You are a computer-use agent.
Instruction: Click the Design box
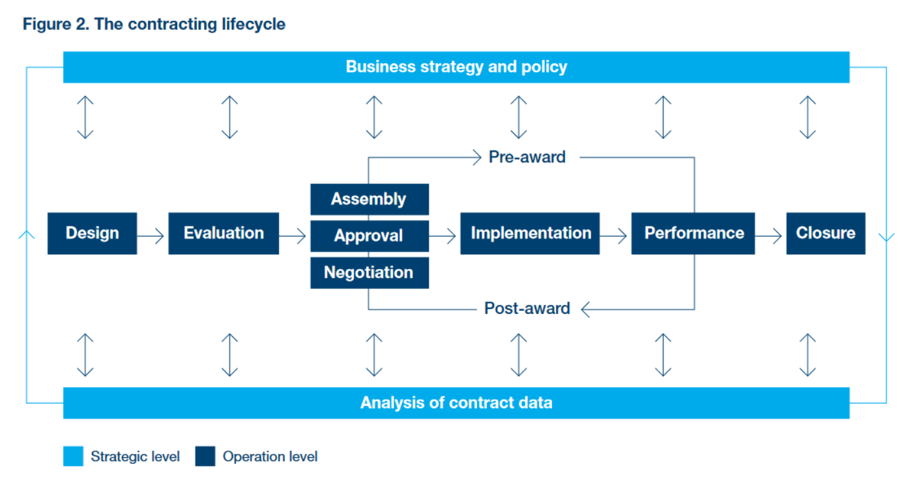coord(92,233)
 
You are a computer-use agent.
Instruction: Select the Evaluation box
coord(224,233)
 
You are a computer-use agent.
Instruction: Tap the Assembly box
coord(369,199)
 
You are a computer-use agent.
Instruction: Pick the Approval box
coord(369,236)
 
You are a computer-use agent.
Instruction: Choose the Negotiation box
coord(369,272)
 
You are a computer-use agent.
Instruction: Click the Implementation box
coord(530,233)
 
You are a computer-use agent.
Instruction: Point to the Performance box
coord(693,233)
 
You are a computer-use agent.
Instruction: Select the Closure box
coord(826,233)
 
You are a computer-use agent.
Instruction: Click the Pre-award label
coord(527,157)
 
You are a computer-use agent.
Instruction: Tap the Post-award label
coord(527,308)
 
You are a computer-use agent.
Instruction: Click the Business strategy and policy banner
coord(456,67)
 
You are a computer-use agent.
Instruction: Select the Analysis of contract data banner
coord(456,403)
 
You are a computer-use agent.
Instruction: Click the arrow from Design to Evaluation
coord(152,236)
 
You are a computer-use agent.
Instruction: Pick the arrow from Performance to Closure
coord(770,236)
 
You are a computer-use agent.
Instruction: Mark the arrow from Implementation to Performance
coord(615,236)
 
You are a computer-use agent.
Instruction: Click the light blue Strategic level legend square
coord(73,457)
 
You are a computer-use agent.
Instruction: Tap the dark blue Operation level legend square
coord(205,457)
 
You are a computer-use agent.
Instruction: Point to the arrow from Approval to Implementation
coord(444,236)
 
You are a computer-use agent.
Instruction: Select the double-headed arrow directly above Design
coord(85,117)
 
